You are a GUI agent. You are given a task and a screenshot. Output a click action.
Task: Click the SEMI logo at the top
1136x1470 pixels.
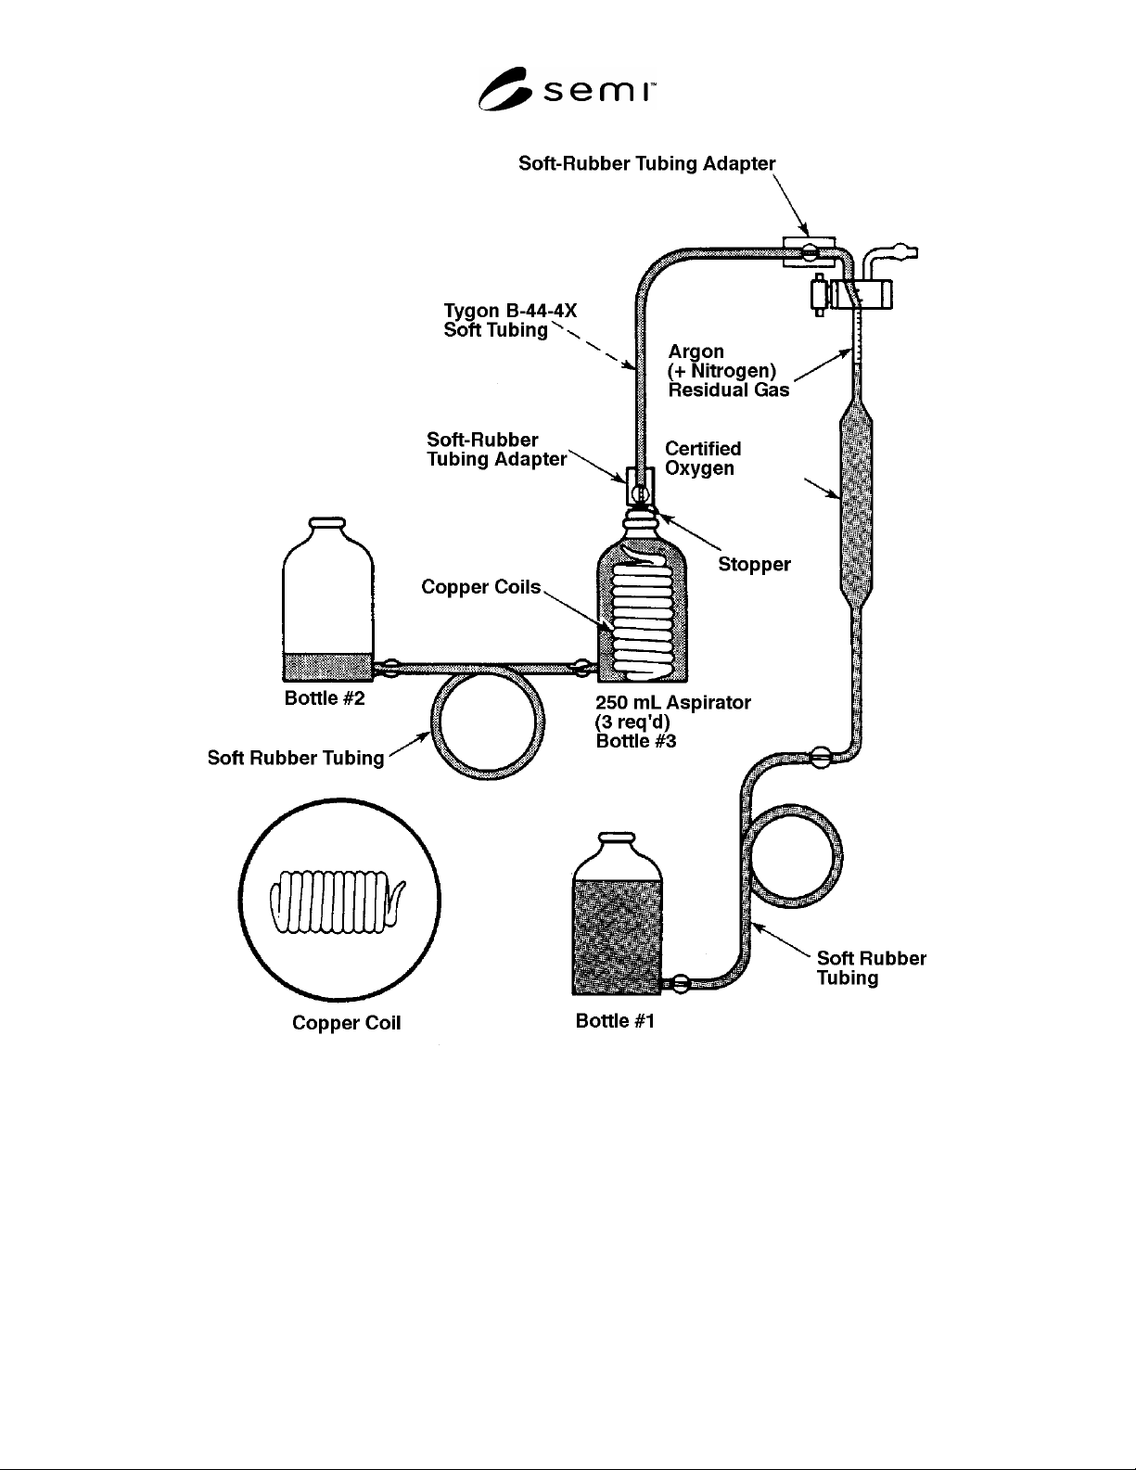[x=567, y=89]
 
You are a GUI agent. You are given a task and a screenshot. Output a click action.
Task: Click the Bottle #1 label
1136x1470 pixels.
[x=615, y=1021]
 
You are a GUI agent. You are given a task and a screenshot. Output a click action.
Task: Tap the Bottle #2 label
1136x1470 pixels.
[x=325, y=698]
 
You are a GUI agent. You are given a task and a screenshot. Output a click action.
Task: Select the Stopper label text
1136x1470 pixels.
[x=754, y=565]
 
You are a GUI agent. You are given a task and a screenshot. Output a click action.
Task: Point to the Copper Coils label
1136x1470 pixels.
[x=480, y=586]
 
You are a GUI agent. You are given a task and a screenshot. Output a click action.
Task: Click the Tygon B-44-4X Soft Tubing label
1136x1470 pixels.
[x=511, y=320]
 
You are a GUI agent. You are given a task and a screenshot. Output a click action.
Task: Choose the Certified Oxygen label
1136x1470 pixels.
[x=703, y=459]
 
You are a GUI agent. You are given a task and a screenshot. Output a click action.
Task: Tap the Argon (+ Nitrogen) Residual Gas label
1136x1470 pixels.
[x=728, y=371]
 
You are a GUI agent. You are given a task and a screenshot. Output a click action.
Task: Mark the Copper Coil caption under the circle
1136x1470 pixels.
[x=346, y=1023]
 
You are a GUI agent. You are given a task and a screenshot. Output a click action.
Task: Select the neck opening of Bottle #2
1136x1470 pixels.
[x=327, y=522]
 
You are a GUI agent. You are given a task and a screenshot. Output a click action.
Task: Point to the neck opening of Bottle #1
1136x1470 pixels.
[x=618, y=837]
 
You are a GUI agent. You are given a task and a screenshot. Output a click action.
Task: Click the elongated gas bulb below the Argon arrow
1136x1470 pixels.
[x=856, y=505]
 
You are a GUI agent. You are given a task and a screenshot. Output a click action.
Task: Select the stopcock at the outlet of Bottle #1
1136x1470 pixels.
[x=680, y=984]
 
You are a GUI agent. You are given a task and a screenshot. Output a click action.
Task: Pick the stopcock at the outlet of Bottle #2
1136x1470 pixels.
[x=391, y=669]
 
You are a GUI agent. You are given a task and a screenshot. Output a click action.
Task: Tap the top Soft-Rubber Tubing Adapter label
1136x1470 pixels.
[x=647, y=164]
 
